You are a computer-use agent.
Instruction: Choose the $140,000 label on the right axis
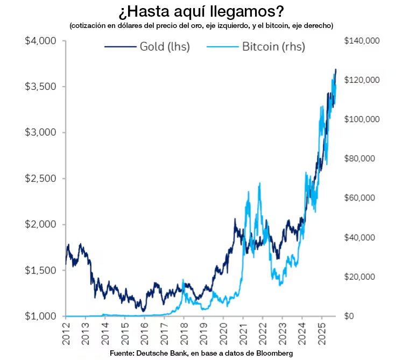362,41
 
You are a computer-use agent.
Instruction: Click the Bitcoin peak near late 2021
260,183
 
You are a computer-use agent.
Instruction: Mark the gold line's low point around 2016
143,311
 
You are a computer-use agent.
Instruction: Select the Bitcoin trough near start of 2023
280,285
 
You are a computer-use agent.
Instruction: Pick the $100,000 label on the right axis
362,119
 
